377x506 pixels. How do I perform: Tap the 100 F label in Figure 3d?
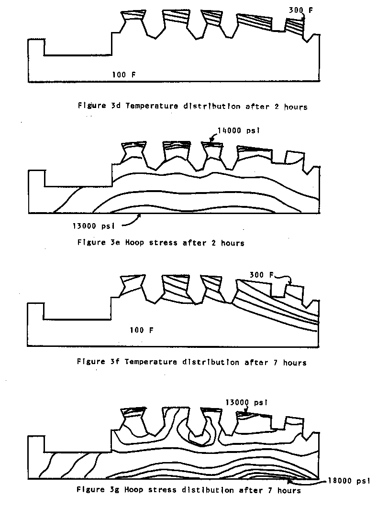(x=124, y=74)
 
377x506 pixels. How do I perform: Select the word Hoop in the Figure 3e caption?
(x=133, y=243)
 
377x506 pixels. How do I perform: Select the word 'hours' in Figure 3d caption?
(x=296, y=107)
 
